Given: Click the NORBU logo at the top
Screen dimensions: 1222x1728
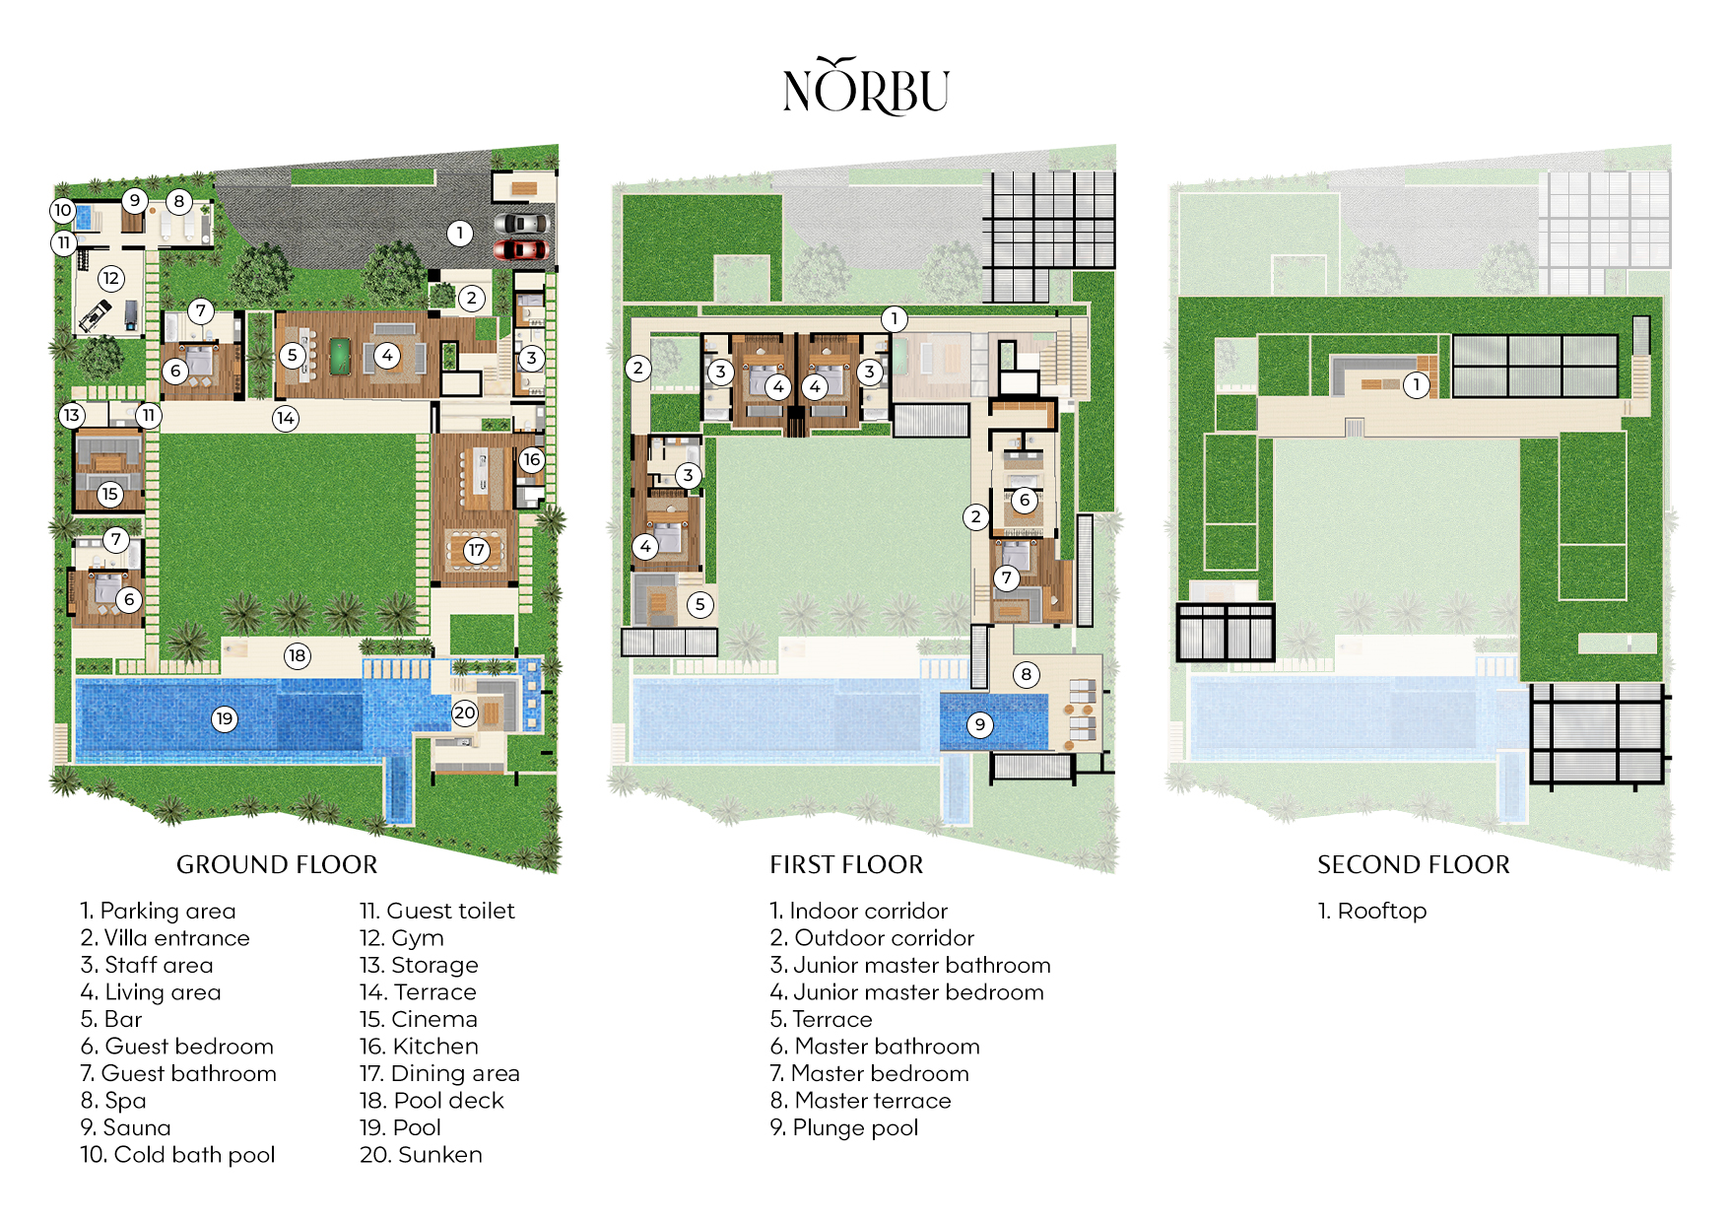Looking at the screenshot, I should click(866, 88).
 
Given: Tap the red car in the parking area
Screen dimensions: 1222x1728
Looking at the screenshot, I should click(519, 249).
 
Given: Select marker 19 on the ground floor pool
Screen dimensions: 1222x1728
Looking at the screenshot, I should click(225, 718).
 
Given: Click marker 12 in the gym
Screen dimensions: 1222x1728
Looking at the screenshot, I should click(110, 278).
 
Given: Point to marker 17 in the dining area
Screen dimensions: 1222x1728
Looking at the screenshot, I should click(477, 550).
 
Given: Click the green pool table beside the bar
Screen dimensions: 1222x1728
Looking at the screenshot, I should click(339, 353).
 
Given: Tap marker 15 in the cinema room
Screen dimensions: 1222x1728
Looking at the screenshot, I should click(109, 493).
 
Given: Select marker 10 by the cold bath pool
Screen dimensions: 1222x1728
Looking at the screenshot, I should click(63, 209).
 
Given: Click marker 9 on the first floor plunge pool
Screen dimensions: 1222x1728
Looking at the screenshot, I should click(979, 724).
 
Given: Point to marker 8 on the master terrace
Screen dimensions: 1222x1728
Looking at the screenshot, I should click(1026, 674).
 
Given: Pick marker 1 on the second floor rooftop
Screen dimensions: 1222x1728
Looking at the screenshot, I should click(1416, 384).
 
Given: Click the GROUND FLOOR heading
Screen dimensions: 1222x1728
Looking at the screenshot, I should click(277, 864).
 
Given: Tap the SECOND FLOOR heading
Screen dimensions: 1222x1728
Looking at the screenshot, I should click(1413, 864).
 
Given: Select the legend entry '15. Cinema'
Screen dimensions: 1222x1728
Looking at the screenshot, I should click(419, 1019).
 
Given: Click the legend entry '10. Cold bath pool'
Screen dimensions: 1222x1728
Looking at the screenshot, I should click(177, 1154).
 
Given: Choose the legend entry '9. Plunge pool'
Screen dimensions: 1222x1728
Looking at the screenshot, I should click(844, 1127).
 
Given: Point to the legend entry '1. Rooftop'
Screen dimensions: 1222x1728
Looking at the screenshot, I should click(1372, 911).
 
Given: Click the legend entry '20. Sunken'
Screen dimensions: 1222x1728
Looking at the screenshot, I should click(421, 1154).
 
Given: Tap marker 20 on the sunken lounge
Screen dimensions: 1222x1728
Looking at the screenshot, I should click(464, 713).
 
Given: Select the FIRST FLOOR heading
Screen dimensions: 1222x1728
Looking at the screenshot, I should click(846, 864).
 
